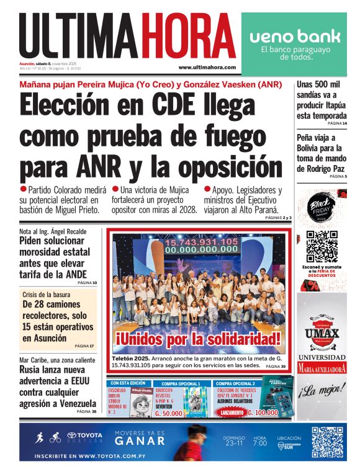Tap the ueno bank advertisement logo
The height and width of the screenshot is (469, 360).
pyautogui.click(x=295, y=37)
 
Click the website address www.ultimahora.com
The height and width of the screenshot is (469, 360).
pyautogui.click(x=207, y=67)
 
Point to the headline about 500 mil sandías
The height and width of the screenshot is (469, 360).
pyautogui.click(x=320, y=100)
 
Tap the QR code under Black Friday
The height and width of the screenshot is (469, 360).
pyautogui.click(x=321, y=246)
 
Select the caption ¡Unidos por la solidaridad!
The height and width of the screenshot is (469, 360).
pyautogui.click(x=198, y=339)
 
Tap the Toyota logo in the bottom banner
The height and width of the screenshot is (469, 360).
pyautogui.click(x=85, y=437)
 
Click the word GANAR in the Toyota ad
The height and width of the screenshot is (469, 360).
pyautogui.click(x=140, y=442)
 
